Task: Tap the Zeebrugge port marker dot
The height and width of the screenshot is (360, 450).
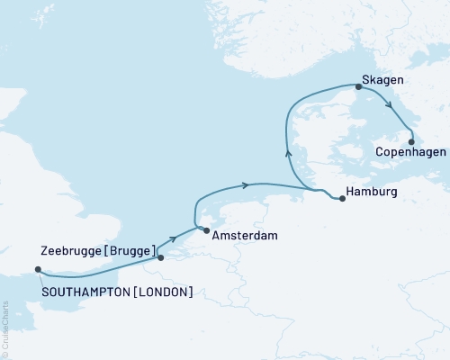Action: tap(161, 258)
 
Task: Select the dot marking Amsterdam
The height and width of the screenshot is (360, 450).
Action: tap(207, 232)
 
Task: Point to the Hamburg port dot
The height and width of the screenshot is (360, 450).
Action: tap(342, 198)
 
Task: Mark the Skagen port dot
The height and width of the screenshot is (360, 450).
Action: tap(358, 87)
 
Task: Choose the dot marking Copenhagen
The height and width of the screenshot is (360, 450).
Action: tap(411, 141)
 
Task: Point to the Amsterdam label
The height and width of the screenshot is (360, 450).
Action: tap(245, 236)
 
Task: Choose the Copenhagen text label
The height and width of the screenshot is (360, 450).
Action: tap(410, 154)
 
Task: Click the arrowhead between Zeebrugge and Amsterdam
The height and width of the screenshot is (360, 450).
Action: tap(171, 240)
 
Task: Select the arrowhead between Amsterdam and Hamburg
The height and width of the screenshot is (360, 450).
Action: tap(244, 186)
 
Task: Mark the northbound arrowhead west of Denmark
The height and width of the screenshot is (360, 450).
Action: tap(289, 152)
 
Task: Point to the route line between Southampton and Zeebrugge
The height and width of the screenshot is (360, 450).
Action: tap(99, 274)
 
